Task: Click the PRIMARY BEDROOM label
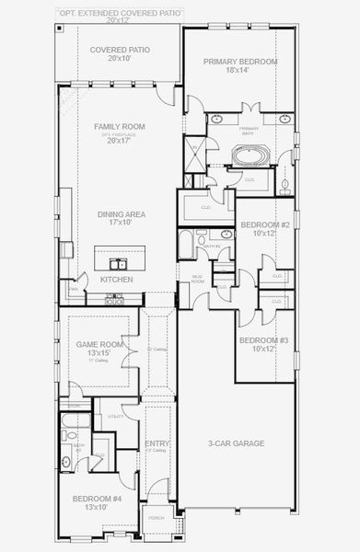point(239,61)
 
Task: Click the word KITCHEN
point(116,279)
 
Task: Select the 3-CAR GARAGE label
point(236,443)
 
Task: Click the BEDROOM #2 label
point(265,225)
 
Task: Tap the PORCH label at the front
point(156,517)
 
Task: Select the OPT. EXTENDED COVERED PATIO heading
point(120,14)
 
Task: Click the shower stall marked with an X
point(195,154)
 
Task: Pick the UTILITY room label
point(116,417)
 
